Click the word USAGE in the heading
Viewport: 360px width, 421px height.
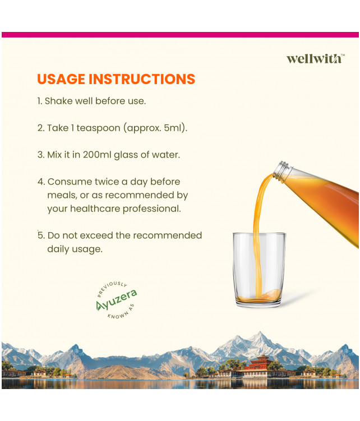point(61,79)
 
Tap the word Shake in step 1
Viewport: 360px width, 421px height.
point(58,101)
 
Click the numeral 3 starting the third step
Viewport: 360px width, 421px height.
point(40,155)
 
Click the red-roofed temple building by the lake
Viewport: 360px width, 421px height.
point(259,366)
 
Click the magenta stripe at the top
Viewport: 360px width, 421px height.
point(179,35)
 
